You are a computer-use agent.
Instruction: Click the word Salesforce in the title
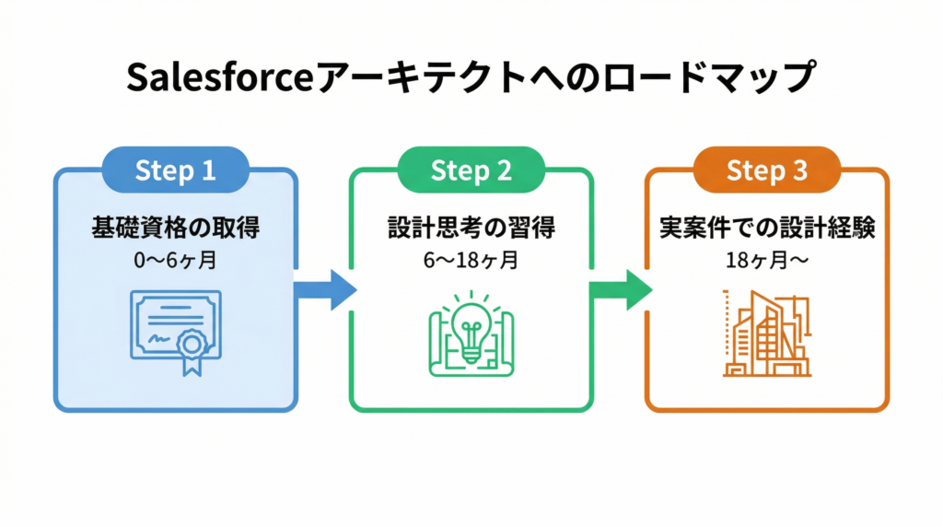pyautogui.click(x=220, y=77)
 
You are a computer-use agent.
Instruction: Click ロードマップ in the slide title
pyautogui.click(x=708, y=77)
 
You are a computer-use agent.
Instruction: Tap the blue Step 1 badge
pyautogui.click(x=176, y=170)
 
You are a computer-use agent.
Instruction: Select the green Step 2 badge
pyautogui.click(x=471, y=170)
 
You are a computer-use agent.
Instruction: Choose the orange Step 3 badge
pyautogui.click(x=767, y=170)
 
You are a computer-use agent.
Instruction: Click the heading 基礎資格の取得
pyautogui.click(x=176, y=228)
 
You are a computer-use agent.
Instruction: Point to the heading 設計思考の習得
pyautogui.click(x=471, y=228)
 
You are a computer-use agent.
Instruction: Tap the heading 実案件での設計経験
pyautogui.click(x=767, y=228)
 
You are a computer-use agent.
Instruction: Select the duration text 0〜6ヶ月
pyautogui.click(x=176, y=261)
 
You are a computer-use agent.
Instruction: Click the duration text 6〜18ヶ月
pyautogui.click(x=471, y=261)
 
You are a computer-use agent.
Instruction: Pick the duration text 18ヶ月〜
pyautogui.click(x=767, y=261)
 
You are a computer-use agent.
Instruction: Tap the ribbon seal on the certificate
pyautogui.click(x=192, y=351)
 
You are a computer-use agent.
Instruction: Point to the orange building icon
pyautogui.click(x=767, y=334)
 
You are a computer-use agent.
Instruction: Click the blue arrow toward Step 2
pyautogui.click(x=325, y=290)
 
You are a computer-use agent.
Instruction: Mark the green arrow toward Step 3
pyautogui.click(x=621, y=290)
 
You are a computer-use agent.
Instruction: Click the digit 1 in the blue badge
pyautogui.click(x=209, y=170)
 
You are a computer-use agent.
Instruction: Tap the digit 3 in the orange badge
pyautogui.click(x=800, y=170)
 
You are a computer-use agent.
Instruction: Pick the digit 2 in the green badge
pyautogui.click(x=504, y=170)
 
